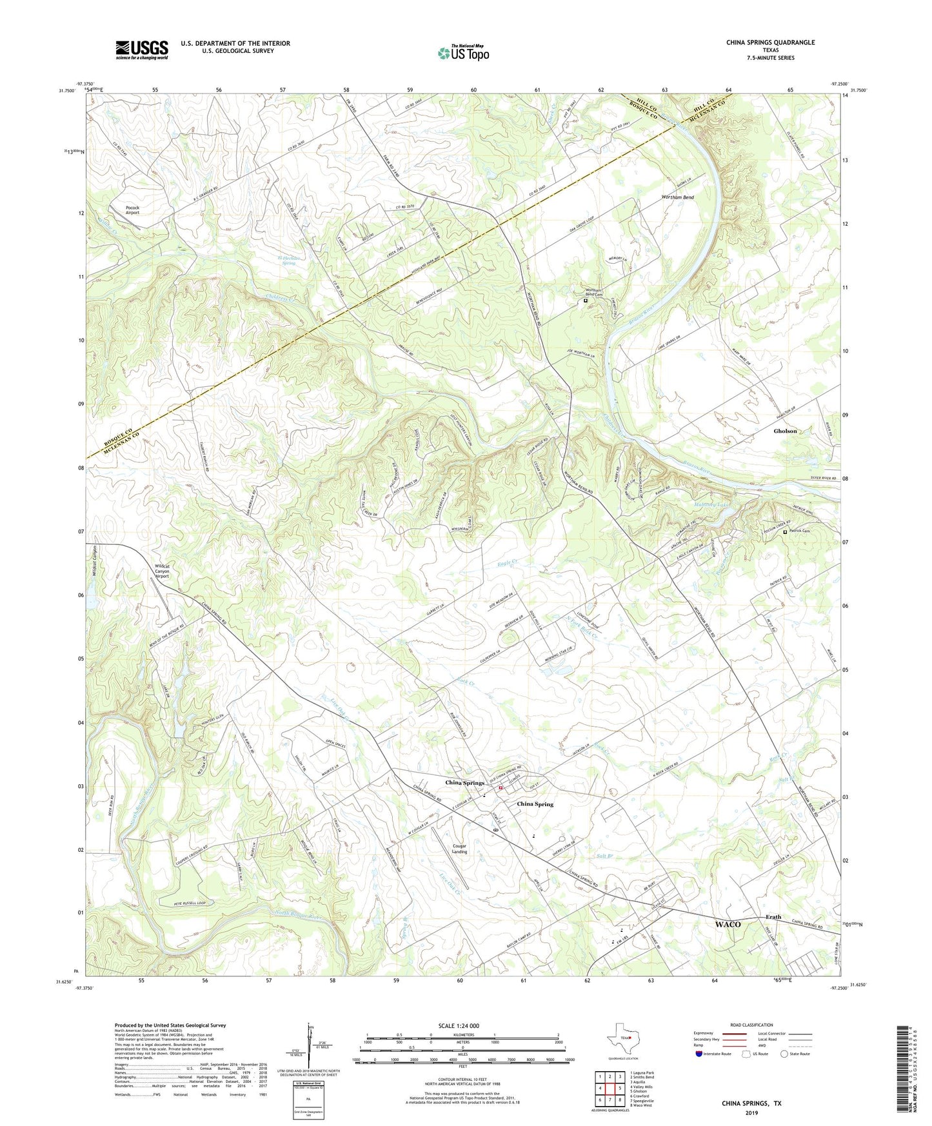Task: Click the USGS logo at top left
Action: [142, 50]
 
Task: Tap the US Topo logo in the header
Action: [462, 53]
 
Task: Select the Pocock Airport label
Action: [132, 210]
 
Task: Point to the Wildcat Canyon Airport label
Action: [163, 571]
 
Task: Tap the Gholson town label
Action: [785, 431]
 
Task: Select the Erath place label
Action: [773, 916]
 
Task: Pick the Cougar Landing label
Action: [459, 849]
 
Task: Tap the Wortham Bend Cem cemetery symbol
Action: [586, 301]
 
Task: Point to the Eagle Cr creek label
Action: [508, 563]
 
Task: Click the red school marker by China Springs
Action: [501, 787]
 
